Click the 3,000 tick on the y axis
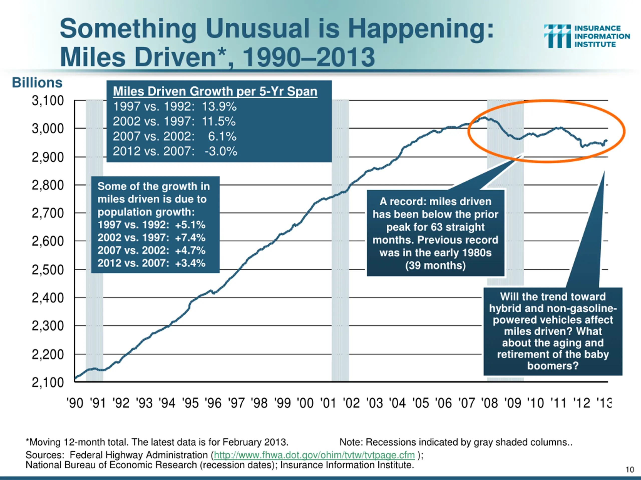coord(48,128)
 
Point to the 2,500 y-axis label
coord(48,270)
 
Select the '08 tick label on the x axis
coord(490,403)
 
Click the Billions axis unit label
coord(37,83)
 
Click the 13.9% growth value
coord(219,106)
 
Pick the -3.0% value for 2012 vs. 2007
coord(221,151)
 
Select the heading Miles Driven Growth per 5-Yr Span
coord(215,91)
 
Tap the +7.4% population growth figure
coord(190,237)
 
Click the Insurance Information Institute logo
coord(587,36)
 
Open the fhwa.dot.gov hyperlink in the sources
coord(314,455)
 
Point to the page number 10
coord(630,469)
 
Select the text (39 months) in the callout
coord(435,265)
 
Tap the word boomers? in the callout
coord(553,366)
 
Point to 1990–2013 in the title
coord(309,57)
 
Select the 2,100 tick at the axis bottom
coord(48,382)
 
